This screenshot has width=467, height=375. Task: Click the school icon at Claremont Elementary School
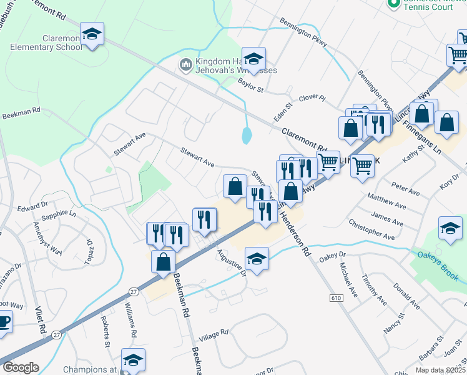(x=92, y=34)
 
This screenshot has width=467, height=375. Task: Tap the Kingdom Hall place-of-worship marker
(x=185, y=65)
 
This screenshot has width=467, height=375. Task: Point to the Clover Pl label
(x=313, y=98)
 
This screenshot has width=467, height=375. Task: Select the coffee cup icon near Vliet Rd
(x=3, y=322)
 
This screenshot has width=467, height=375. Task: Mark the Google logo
(x=21, y=367)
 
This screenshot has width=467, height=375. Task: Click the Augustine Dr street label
(x=232, y=262)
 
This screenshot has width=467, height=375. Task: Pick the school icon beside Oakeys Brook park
(x=450, y=228)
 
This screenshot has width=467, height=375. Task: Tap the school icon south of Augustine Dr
(x=256, y=258)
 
